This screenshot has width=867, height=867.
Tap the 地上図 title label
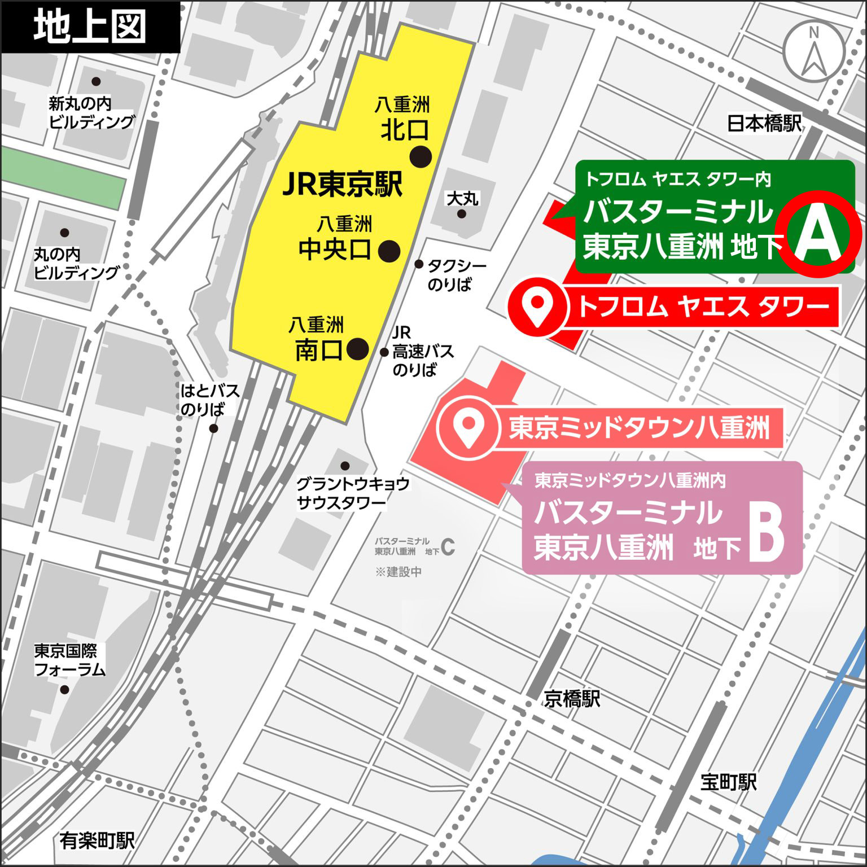[x=90, y=27]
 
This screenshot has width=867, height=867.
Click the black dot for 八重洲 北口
[x=421, y=156]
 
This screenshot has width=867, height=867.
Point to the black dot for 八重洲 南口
[x=357, y=349]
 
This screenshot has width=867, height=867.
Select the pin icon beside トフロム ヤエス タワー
[x=537, y=306]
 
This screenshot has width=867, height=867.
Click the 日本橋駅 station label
[x=764, y=123]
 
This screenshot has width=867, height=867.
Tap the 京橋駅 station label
[x=572, y=699]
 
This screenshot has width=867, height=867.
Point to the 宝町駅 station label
[x=728, y=782]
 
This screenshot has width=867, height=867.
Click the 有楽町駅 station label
[x=97, y=841]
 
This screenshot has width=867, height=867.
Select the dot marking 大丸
[x=462, y=214]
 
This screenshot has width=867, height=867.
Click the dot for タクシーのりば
[x=419, y=264]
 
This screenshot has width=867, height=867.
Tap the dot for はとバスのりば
[x=213, y=428]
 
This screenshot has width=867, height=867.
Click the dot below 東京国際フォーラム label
[x=64, y=689]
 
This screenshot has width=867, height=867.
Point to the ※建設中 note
[x=399, y=572]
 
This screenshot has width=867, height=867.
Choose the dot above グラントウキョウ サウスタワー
[x=345, y=466]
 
